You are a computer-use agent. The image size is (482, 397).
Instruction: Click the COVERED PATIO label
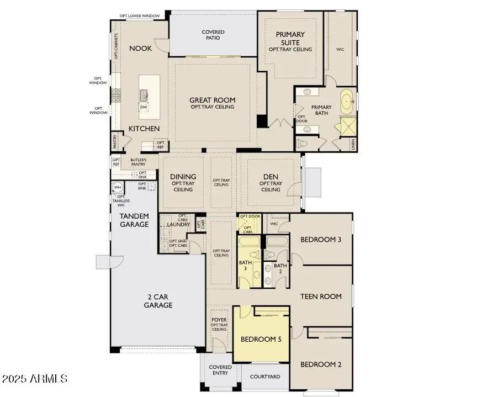213,35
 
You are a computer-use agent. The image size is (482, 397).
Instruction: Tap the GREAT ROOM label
212,100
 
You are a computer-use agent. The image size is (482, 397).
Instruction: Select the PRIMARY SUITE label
290,39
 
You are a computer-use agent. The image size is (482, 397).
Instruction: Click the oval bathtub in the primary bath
347,101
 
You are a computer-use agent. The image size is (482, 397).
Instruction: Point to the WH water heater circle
118,188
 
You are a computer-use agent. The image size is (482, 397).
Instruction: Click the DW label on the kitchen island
144,107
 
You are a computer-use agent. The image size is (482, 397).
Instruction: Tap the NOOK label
140,49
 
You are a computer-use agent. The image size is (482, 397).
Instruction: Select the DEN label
271,177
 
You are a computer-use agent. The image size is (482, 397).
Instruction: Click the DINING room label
183,177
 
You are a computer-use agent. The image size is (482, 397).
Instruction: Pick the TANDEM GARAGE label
134,220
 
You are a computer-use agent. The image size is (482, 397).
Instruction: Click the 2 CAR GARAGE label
158,301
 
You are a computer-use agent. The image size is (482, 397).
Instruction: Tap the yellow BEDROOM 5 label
261,340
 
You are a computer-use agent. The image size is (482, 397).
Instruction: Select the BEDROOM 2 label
321,364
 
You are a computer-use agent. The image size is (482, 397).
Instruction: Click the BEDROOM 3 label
321,240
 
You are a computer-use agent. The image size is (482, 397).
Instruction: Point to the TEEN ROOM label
321,297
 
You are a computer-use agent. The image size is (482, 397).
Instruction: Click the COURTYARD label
265,377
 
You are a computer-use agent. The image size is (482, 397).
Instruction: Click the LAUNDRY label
178,225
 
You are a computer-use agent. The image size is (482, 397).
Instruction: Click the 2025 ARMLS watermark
34,379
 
